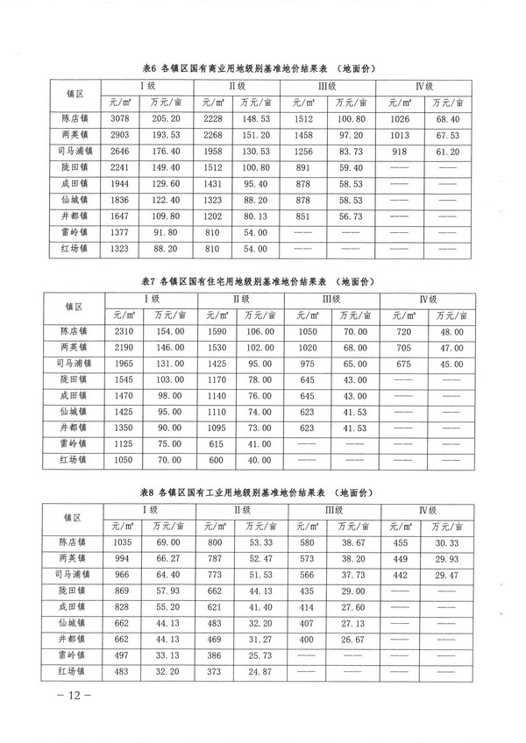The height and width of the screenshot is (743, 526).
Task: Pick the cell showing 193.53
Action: [166, 135]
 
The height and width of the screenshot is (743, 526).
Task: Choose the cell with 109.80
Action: [166, 215]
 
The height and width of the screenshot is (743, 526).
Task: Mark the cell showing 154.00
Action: [166, 332]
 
